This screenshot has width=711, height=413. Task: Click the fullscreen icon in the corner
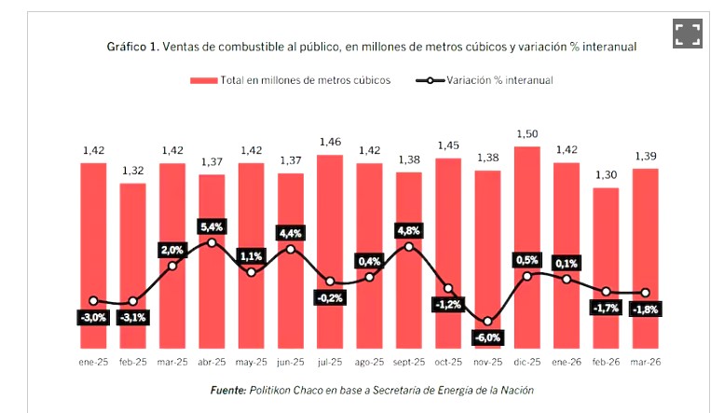(687, 34)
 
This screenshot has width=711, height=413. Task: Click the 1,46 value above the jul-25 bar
(330, 142)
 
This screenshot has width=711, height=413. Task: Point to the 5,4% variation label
(212, 226)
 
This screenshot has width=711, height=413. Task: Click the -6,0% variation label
(487, 337)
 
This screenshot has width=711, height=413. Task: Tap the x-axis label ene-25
(93, 361)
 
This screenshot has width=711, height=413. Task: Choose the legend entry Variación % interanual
(499, 80)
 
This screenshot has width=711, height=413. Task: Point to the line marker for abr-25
(212, 242)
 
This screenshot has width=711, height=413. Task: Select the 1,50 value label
(526, 133)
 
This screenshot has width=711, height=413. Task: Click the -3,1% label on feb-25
(133, 317)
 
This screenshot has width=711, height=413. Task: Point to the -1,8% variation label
(645, 310)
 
